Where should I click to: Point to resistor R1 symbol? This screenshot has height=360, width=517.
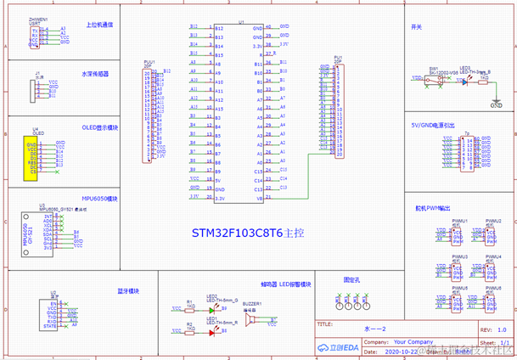[x=189, y=309]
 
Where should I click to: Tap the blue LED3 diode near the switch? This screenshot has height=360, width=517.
[x=464, y=79]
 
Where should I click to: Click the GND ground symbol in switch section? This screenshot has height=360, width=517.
[x=496, y=104]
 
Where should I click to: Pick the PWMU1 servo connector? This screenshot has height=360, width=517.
[x=459, y=236]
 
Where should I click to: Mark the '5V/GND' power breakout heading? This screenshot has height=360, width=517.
[x=432, y=125]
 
